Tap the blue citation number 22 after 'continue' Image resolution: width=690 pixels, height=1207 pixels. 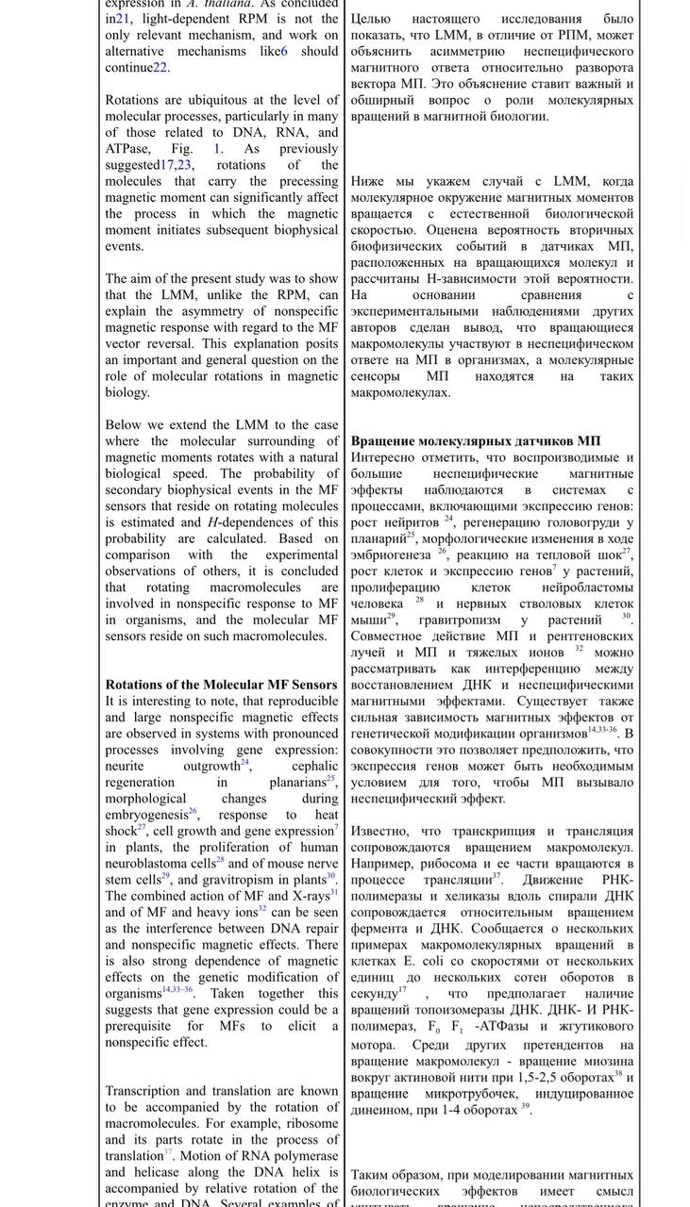click(x=160, y=68)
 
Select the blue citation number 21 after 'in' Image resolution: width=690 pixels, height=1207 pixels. click(x=123, y=19)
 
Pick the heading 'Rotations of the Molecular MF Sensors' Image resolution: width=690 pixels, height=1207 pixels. click(x=221, y=685)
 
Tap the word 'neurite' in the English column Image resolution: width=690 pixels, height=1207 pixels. click(x=125, y=767)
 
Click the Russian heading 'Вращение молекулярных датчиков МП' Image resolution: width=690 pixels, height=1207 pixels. click(x=476, y=440)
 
